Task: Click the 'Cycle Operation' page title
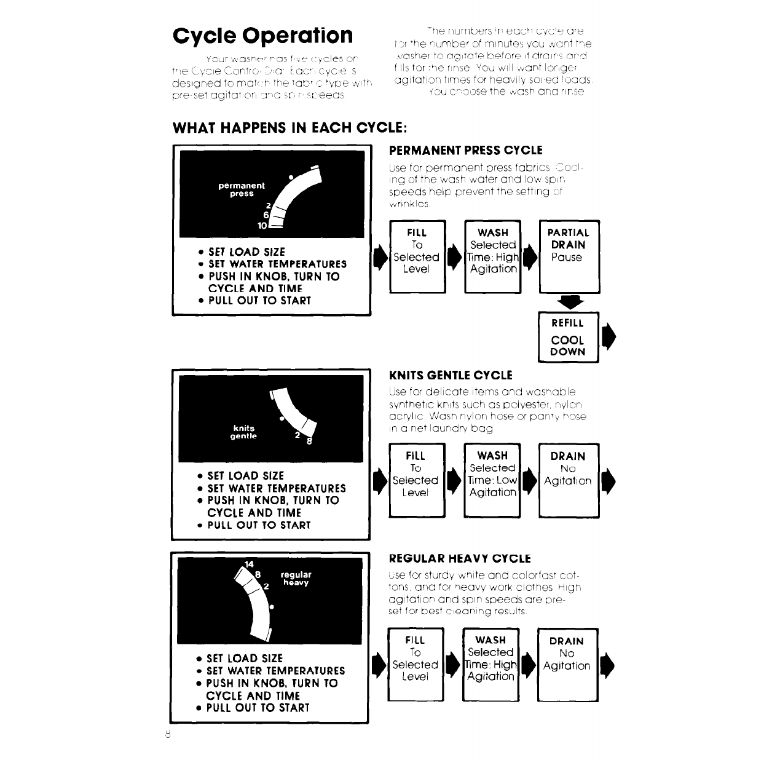click(x=263, y=35)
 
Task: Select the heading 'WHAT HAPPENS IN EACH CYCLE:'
click(x=289, y=128)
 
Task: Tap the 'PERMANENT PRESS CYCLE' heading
click(x=466, y=150)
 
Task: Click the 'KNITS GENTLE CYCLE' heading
click(x=451, y=375)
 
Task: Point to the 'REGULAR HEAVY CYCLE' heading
click(x=460, y=558)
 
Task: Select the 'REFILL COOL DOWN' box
click(x=568, y=338)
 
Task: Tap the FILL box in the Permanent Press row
click(x=416, y=256)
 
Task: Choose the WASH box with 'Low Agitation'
click(x=492, y=480)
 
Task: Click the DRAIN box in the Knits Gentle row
click(x=568, y=480)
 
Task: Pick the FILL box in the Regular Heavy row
click(x=415, y=664)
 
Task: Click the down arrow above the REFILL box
click(x=568, y=302)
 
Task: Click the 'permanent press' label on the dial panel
click(x=242, y=189)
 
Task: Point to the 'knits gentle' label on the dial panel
click(x=243, y=432)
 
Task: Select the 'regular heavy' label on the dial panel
click(x=296, y=579)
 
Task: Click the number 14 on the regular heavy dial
click(x=249, y=564)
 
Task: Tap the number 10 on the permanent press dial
click(x=262, y=226)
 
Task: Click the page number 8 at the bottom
click(x=167, y=735)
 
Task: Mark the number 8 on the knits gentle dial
click(x=309, y=440)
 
